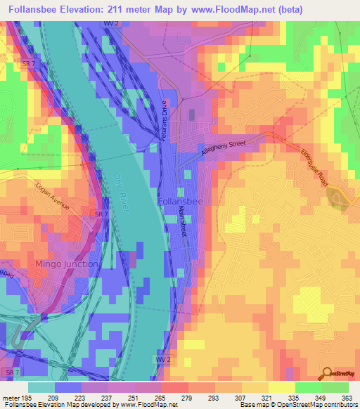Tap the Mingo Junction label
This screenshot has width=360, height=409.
[x=67, y=264]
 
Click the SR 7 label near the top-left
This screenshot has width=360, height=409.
[x=28, y=64]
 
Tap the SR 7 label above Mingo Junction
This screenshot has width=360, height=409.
[x=102, y=213]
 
